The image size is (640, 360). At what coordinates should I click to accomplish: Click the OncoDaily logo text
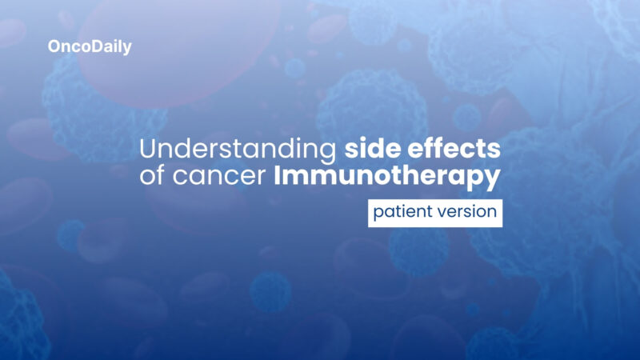pos(90,47)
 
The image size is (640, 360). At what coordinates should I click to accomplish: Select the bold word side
pos(371,150)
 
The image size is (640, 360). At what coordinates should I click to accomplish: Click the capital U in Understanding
pos(148,150)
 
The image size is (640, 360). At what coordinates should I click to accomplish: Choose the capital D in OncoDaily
pos(94,47)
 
